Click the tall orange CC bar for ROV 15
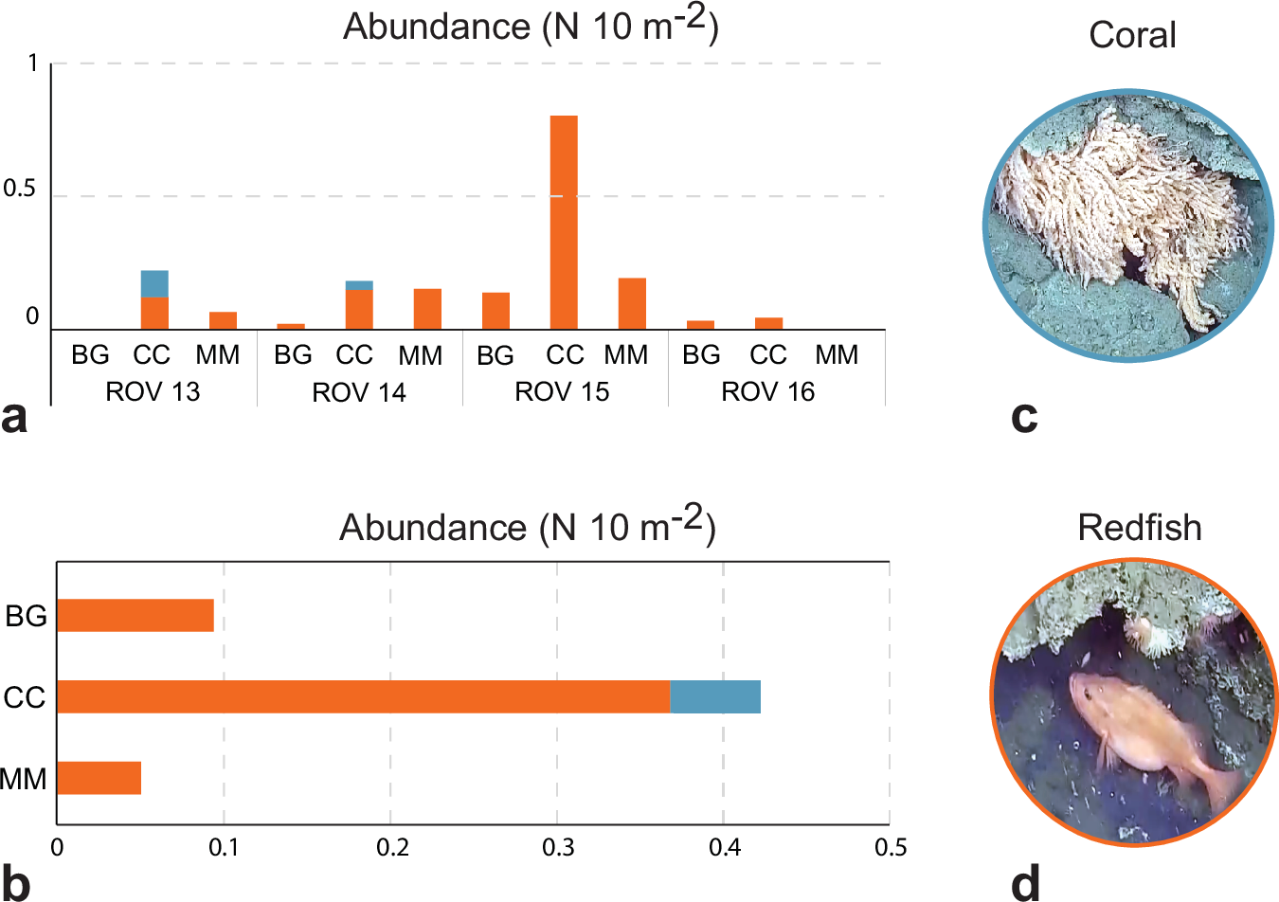tap(564, 223)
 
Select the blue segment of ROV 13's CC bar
tap(154, 283)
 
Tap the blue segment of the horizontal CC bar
tap(715, 696)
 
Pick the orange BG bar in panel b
tap(135, 615)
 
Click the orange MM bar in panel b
tap(99, 778)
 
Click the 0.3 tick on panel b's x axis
tap(558, 847)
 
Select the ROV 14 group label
tap(358, 392)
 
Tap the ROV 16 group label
tap(767, 392)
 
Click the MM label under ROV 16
tap(837, 355)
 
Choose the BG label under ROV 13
tap(90, 355)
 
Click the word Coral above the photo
tap(1132, 36)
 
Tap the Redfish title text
tap(1139, 528)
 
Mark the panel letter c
tap(1024, 417)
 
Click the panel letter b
tap(16, 883)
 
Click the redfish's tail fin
tap(1222, 785)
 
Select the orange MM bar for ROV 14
tap(427, 309)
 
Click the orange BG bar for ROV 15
tap(495, 311)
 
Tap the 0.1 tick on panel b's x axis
tap(225, 847)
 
